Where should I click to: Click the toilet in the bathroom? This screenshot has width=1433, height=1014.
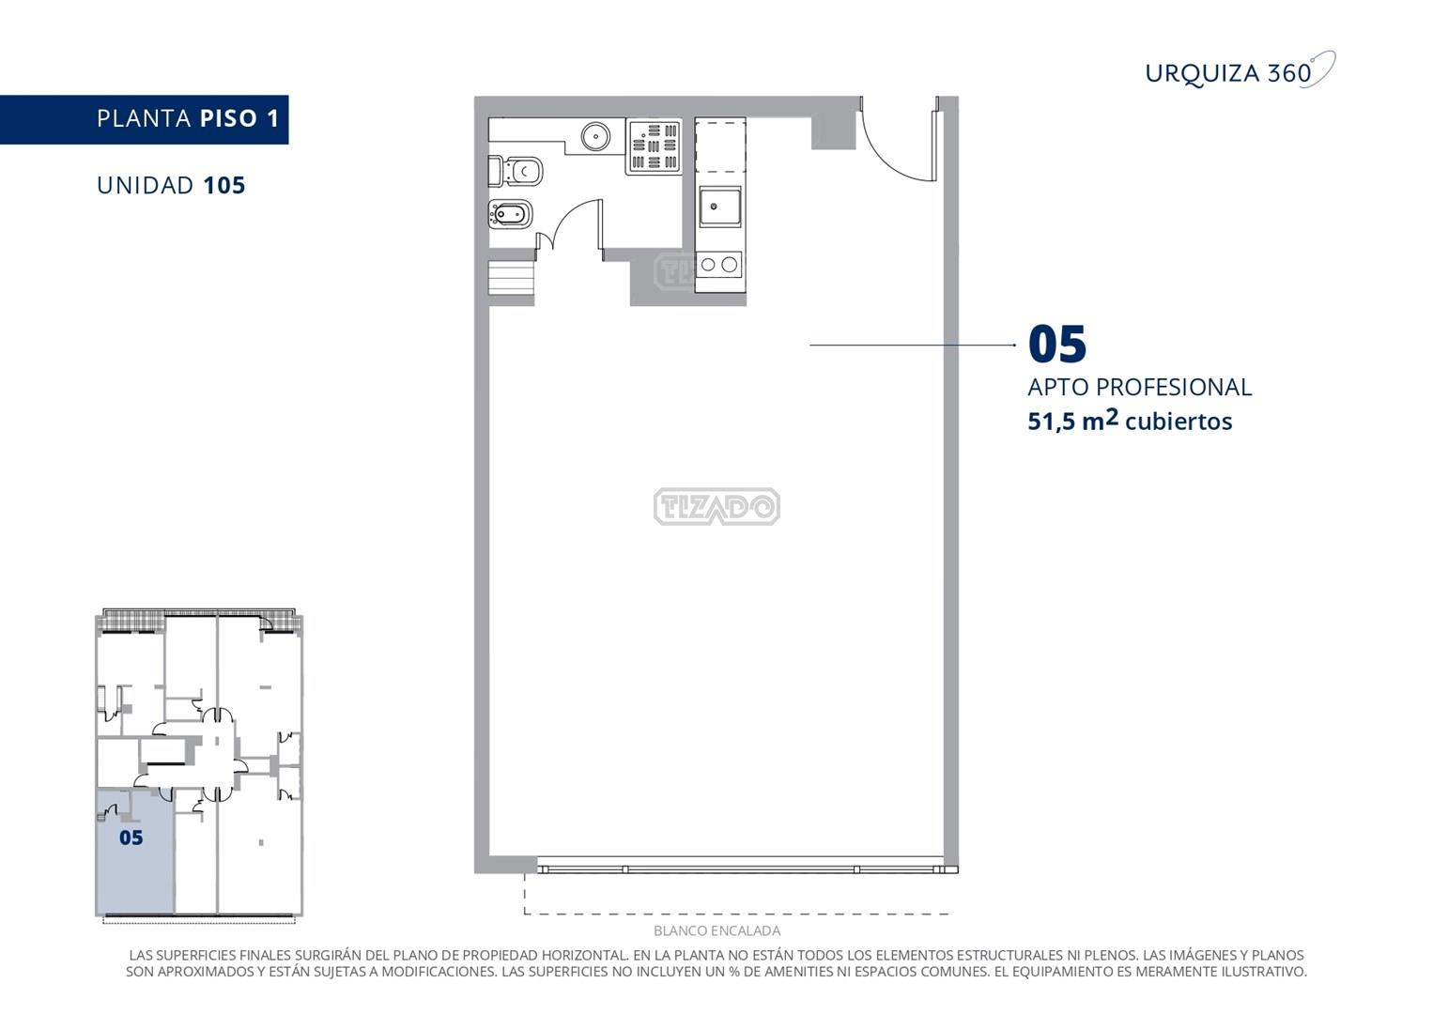click(x=516, y=171)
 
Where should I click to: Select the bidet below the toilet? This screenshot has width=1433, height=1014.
click(x=510, y=214)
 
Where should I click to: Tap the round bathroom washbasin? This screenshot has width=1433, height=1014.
click(x=595, y=136)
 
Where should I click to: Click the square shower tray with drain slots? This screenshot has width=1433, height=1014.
click(x=654, y=146)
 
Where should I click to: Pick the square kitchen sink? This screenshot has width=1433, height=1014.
click(x=720, y=206)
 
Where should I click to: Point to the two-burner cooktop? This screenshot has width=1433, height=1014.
click(x=719, y=264)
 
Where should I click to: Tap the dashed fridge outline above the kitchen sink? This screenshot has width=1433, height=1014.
click(x=720, y=145)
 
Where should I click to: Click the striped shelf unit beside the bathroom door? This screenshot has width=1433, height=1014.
click(x=511, y=277)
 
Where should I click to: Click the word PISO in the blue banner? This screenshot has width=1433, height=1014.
click(x=228, y=118)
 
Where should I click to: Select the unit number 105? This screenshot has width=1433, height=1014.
click(x=224, y=186)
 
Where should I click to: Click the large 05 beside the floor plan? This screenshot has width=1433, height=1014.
click(x=1056, y=345)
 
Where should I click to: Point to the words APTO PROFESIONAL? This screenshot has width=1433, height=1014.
click(x=1139, y=387)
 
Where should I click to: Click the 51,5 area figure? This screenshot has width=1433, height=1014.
click(x=1052, y=422)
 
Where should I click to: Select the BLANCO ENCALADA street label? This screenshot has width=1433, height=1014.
click(x=716, y=930)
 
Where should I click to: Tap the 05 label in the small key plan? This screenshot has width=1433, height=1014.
click(x=131, y=838)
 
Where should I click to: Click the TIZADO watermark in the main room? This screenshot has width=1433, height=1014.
click(x=716, y=507)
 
